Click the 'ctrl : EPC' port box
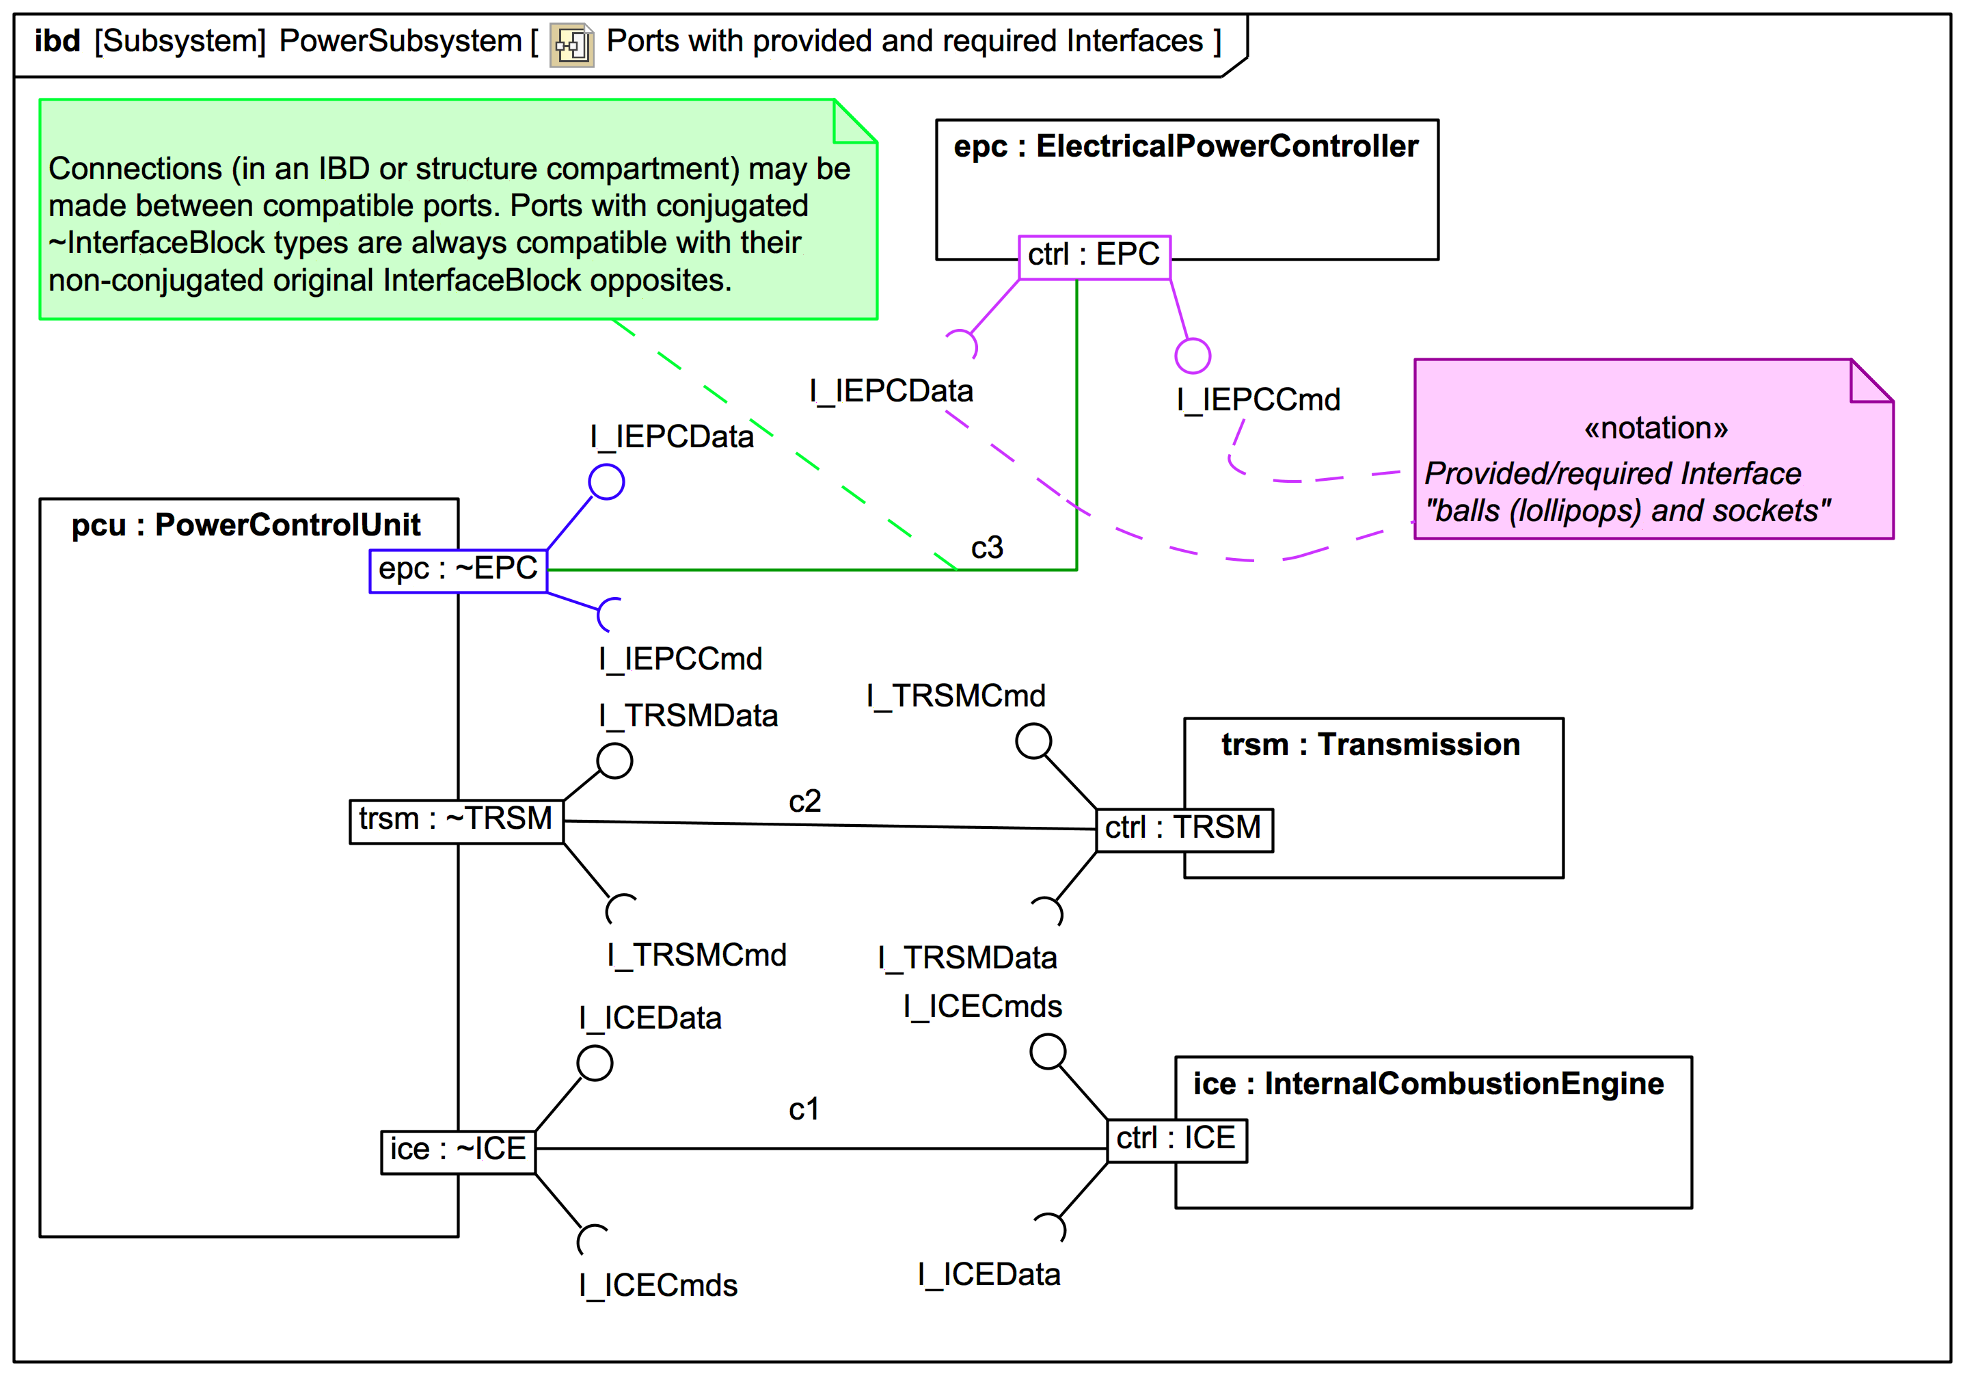[x=1094, y=256]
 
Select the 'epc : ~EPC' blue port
[x=458, y=570]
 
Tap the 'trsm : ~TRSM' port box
[x=456, y=820]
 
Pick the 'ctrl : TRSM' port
[x=1184, y=829]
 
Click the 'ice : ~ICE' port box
[x=458, y=1150]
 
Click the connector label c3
[x=987, y=548]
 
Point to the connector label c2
[x=804, y=802]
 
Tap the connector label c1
[x=804, y=1110]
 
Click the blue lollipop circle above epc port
[x=606, y=482]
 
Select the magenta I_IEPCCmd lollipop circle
[x=1192, y=356]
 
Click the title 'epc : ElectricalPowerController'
[x=1185, y=146]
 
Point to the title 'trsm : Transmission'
[x=1370, y=745]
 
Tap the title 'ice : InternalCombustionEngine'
[x=1428, y=1084]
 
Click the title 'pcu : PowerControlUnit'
[x=245, y=525]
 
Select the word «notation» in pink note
[x=1655, y=427]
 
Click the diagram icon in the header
[x=571, y=44]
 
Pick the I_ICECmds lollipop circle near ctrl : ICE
[x=1048, y=1051]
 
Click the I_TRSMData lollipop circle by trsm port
[x=614, y=760]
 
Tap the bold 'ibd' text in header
[x=57, y=41]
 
